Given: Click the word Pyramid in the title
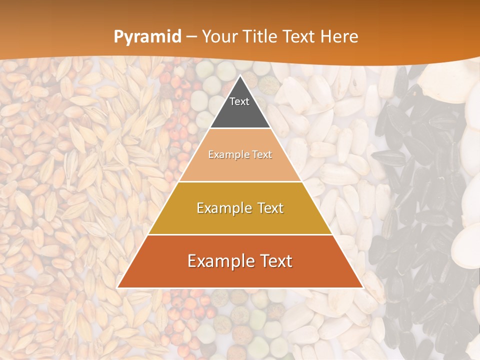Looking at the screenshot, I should coord(147,37).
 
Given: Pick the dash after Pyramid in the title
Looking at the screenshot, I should coord(191,37).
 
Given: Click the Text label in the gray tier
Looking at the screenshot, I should coord(239,101).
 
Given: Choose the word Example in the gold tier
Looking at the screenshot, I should coord(222,208).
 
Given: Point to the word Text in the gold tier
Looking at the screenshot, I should coord(268,208).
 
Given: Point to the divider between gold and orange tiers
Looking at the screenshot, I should coord(240,234).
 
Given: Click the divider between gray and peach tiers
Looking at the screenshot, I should coord(240,128).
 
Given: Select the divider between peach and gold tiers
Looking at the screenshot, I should coord(240,181).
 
